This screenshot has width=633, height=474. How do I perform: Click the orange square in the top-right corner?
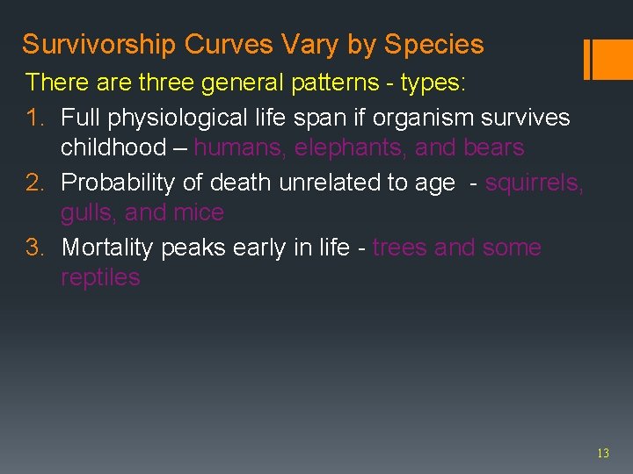coord(613,59)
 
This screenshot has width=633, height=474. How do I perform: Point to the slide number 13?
coord(602,454)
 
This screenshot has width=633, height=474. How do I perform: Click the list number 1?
coord(34,117)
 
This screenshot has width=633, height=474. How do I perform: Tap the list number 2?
coord(34,182)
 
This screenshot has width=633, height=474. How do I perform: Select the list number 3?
coord(34,248)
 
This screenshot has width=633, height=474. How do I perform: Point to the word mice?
coord(199,212)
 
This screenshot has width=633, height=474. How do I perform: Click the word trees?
coord(400,248)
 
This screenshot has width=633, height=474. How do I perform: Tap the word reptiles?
coord(100,278)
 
